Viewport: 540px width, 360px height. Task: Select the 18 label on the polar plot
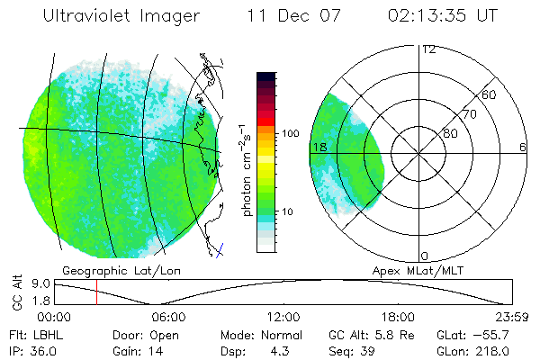317,147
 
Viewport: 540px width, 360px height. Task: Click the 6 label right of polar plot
523,147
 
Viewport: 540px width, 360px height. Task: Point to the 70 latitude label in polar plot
468,114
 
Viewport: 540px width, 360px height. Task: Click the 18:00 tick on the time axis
399,317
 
